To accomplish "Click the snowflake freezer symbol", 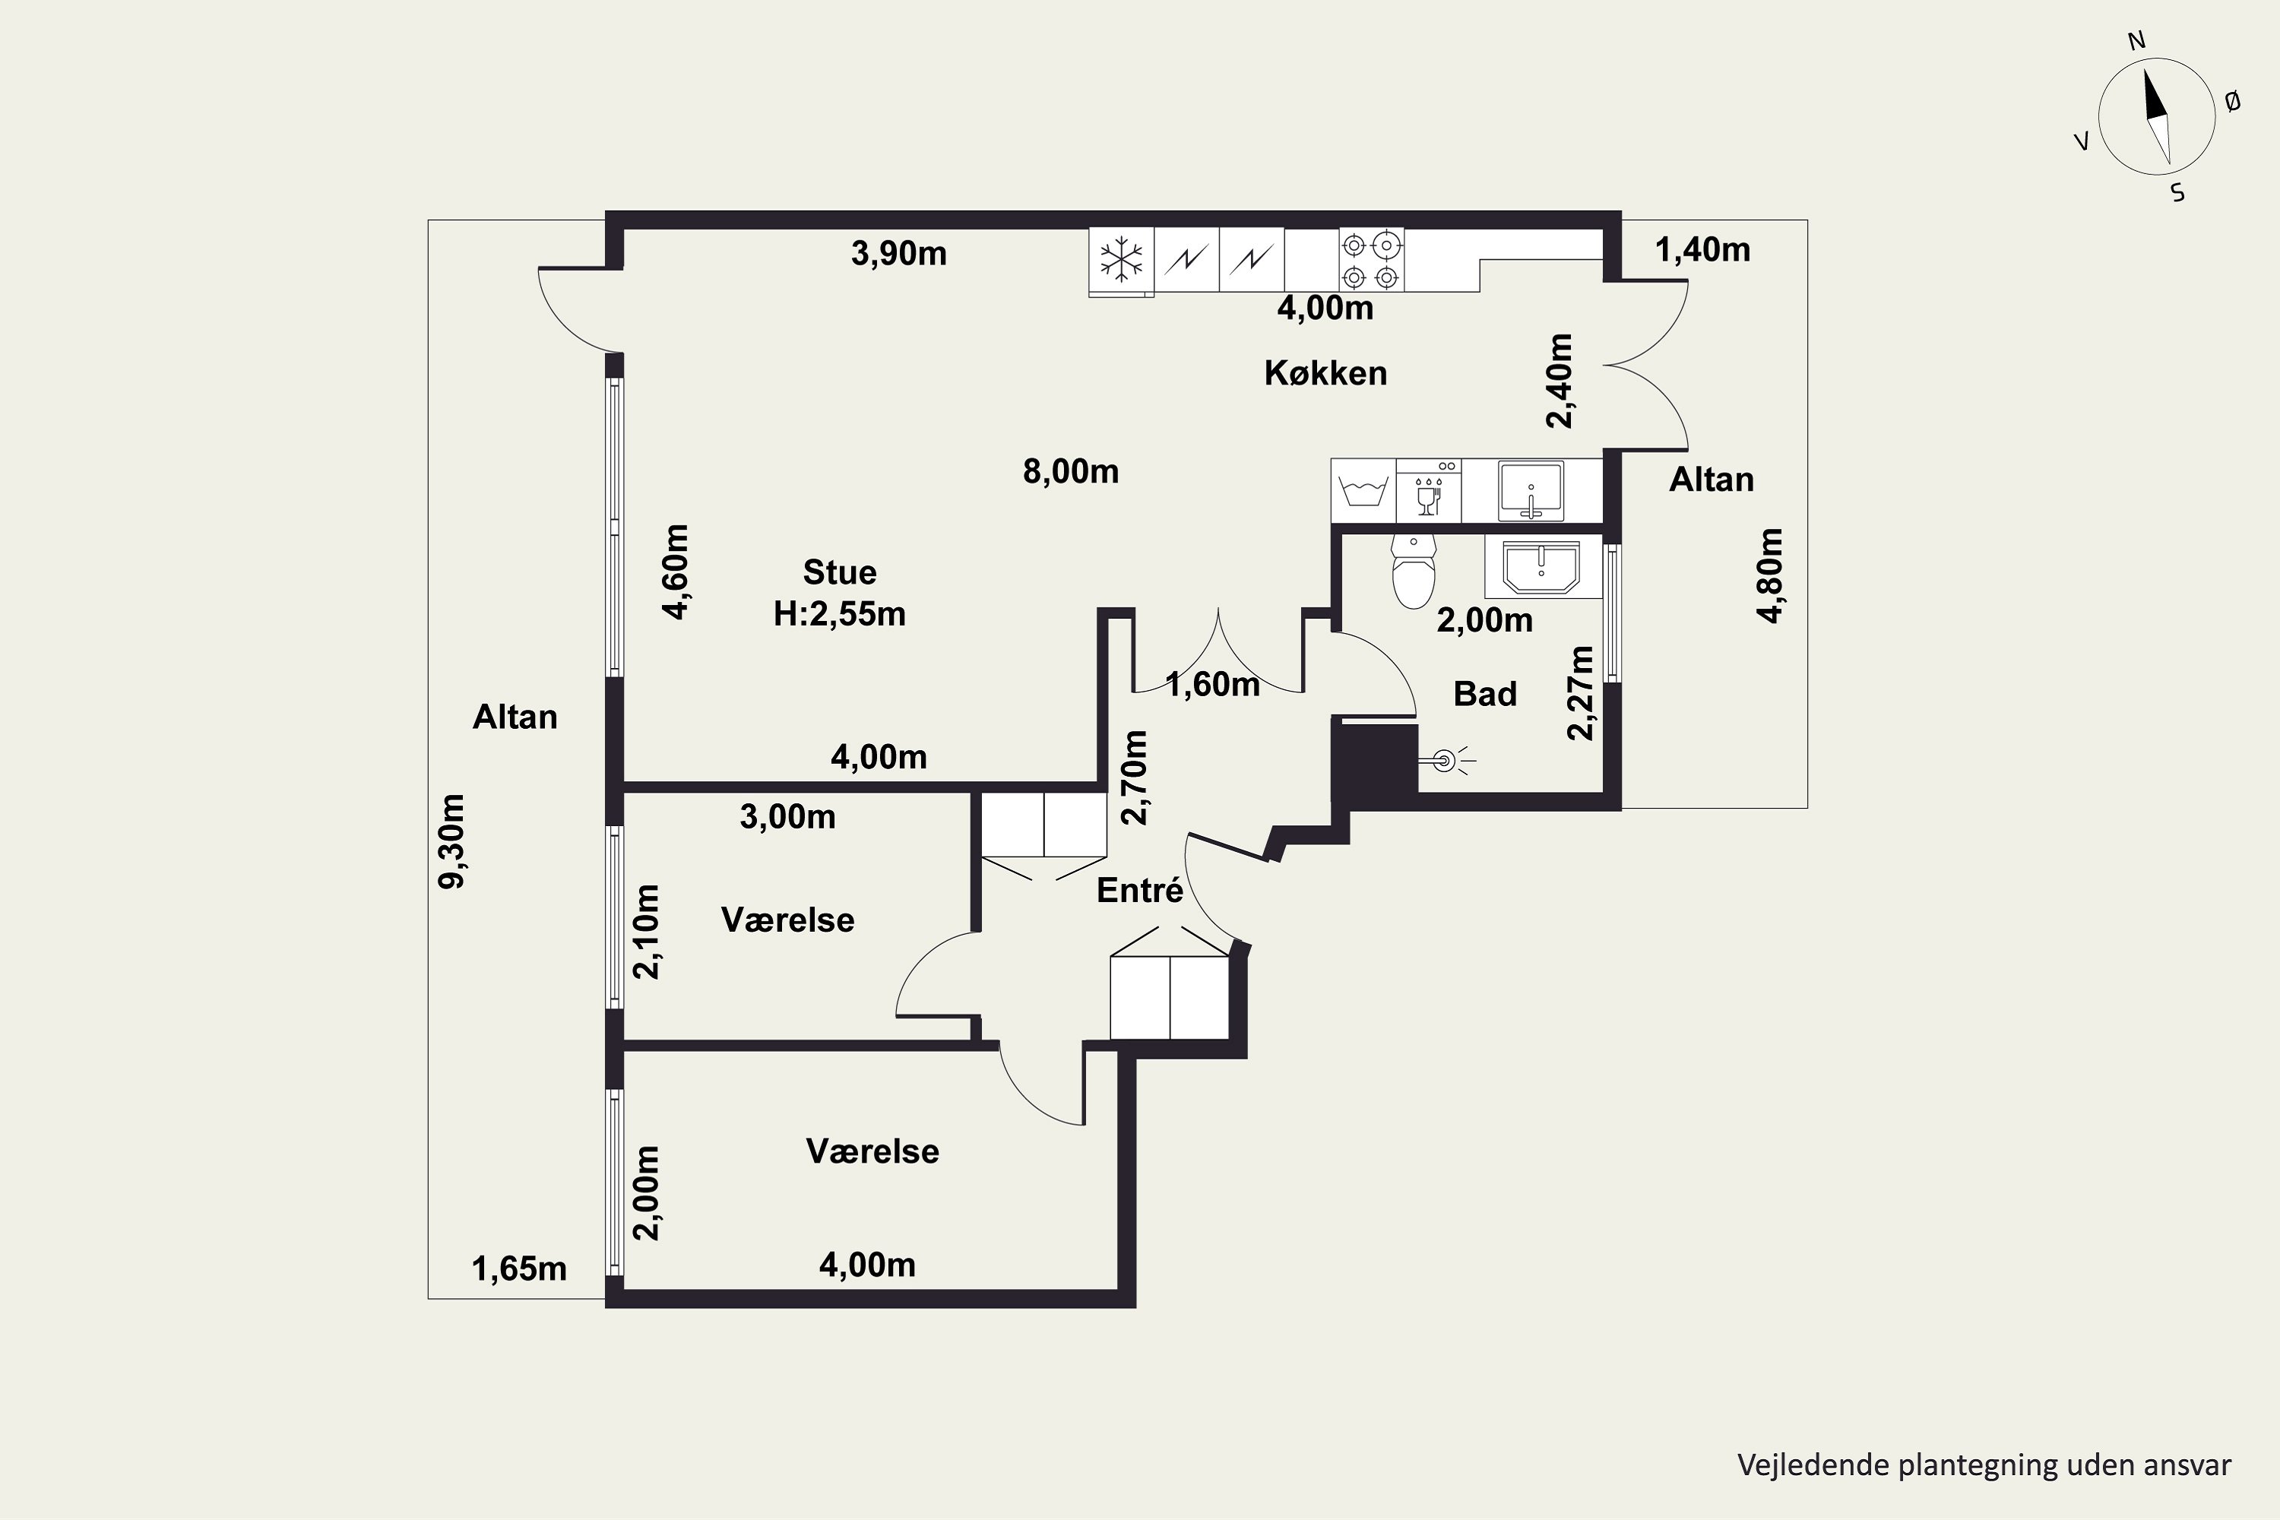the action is click(1122, 260).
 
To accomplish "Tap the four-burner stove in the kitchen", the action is click(1372, 260).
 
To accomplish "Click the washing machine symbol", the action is click(1363, 492).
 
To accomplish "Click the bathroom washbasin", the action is click(1541, 568).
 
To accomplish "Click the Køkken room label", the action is click(1325, 373).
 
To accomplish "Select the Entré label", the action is click(1140, 890).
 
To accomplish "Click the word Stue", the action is click(840, 572).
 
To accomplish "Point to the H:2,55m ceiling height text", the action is click(840, 613).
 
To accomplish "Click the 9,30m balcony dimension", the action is click(451, 841).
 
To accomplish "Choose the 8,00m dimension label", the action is click(1071, 471).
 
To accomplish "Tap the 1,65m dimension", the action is click(518, 1269).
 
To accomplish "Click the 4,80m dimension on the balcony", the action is click(1769, 576).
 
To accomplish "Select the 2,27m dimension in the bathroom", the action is click(1580, 693).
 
